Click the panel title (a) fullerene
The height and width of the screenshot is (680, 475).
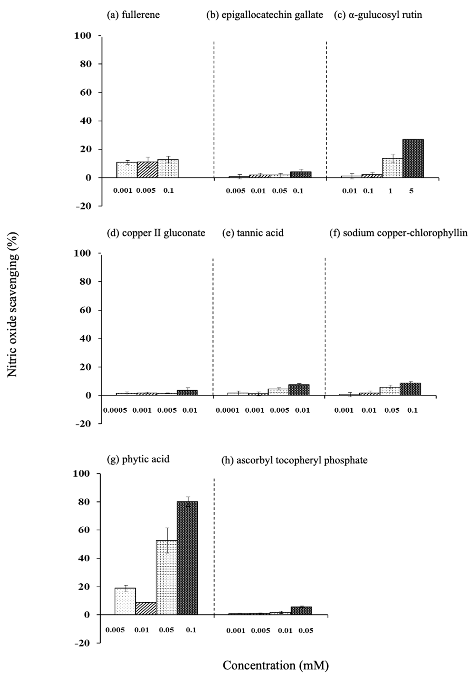pyautogui.click(x=133, y=15)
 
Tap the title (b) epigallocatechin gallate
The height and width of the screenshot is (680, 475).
pyautogui.click(x=265, y=15)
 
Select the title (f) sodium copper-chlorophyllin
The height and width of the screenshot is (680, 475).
pyautogui.click(x=399, y=233)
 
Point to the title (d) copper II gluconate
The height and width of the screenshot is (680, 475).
pyautogui.click(x=156, y=233)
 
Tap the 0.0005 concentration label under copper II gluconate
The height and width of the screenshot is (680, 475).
pyautogui.click(x=115, y=410)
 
